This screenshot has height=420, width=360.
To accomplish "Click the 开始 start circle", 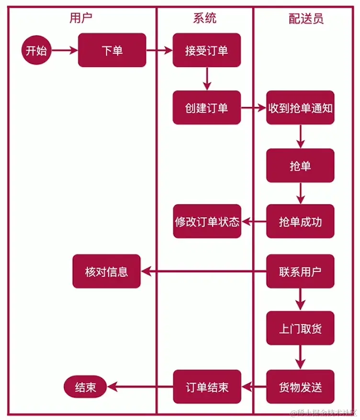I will click(x=36, y=50).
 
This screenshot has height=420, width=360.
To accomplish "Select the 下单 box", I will click(x=112, y=50).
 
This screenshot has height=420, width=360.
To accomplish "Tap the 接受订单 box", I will click(x=207, y=50).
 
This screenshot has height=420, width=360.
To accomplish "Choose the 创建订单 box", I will click(x=207, y=108).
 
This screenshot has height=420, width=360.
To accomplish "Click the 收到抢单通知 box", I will click(x=300, y=108).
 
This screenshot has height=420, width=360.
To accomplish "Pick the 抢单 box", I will click(x=300, y=166).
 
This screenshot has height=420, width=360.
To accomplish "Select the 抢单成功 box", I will click(x=300, y=221).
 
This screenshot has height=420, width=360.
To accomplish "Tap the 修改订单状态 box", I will click(x=207, y=221).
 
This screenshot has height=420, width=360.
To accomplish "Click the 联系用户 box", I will click(x=300, y=271).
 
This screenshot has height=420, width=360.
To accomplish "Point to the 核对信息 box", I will click(x=106, y=271).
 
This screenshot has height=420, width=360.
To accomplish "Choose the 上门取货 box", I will click(x=300, y=329).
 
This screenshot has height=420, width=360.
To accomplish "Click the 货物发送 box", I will click(x=300, y=387).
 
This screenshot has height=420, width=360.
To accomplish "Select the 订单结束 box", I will click(x=207, y=387).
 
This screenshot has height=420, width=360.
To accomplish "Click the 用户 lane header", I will click(x=81, y=19).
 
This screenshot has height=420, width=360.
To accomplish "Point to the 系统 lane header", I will click(x=204, y=19).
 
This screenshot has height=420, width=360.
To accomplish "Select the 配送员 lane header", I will click(x=306, y=19).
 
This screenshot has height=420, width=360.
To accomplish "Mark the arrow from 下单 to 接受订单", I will click(x=159, y=50).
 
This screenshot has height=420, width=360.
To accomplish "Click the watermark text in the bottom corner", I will click(x=324, y=412).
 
